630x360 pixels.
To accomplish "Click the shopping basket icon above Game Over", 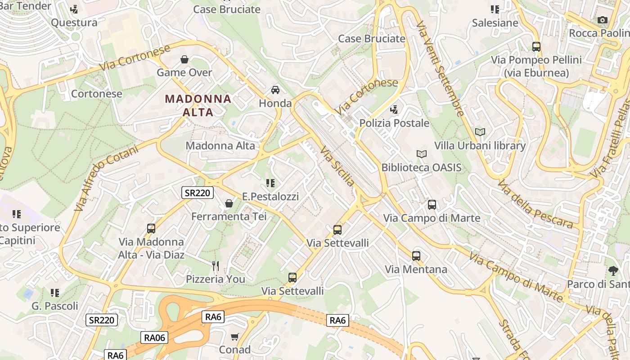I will (x=184, y=59).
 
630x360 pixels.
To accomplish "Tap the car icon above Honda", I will (x=275, y=90).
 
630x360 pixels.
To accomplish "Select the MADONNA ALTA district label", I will (x=198, y=105).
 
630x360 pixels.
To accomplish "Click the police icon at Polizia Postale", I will (x=394, y=109).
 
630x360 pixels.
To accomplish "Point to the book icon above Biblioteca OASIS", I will (x=422, y=154).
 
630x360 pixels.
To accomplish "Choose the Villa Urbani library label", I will (x=480, y=145).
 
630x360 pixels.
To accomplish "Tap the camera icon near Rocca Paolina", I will (x=603, y=20).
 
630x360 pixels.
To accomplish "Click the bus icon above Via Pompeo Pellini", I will (x=536, y=46).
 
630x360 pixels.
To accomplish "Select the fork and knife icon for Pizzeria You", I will (x=216, y=266).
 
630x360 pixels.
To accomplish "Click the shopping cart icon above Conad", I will (x=234, y=337).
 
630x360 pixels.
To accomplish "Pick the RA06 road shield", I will (x=154, y=337).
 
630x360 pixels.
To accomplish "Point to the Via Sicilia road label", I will (x=337, y=166).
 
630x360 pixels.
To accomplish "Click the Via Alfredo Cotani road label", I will (x=106, y=178).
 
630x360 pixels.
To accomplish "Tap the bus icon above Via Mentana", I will (x=416, y=256).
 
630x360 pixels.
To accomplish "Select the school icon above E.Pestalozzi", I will (x=270, y=183).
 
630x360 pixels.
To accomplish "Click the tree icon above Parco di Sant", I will (x=613, y=270).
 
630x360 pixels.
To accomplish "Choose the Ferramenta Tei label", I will (x=229, y=216).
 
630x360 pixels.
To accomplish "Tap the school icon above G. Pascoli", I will (x=55, y=293).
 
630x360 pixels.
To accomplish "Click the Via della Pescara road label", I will (x=535, y=204).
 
